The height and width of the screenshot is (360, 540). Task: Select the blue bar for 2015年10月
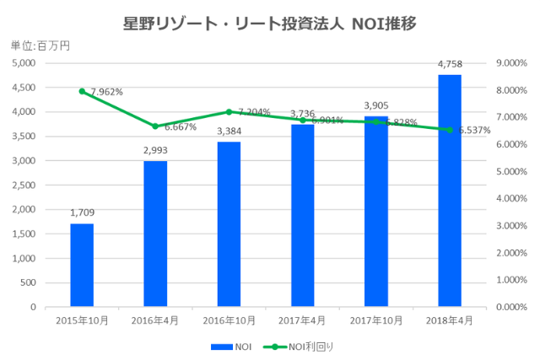82,265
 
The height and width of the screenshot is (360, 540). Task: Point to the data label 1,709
82,212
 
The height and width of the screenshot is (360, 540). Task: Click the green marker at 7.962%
82,91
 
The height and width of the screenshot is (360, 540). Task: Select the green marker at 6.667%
155,126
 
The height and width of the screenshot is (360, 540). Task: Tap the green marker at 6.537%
450,130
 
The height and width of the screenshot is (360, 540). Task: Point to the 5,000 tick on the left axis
22,63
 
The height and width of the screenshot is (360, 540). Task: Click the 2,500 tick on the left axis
22,185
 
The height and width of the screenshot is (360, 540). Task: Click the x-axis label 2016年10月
229,320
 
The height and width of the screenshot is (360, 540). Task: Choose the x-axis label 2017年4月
302,320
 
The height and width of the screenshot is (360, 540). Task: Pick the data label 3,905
376,105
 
